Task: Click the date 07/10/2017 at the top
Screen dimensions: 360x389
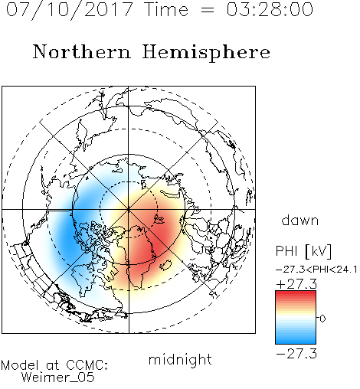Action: pos(70,10)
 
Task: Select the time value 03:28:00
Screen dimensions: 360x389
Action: pos(270,9)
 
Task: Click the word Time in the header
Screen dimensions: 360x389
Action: pos(166,9)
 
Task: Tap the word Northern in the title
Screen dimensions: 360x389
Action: pos(82,51)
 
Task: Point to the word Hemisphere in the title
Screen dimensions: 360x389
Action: pos(206,52)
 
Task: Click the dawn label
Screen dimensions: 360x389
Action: pos(300,220)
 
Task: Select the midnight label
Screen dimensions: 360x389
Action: pos(180,360)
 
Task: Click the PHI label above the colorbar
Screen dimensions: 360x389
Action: pos(286,251)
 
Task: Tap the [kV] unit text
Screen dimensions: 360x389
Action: pos(319,251)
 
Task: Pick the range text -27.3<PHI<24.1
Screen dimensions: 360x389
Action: pos(316,270)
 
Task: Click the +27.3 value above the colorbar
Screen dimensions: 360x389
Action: pos(296,284)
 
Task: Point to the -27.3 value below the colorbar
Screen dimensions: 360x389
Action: pos(296,354)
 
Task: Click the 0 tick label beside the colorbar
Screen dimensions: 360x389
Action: pos(322,319)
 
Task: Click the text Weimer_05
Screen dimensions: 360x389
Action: pos(57,377)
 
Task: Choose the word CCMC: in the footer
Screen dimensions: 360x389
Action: pos(87,365)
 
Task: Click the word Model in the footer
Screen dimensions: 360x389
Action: pos(20,365)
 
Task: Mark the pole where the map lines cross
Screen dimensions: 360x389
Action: pos(129,209)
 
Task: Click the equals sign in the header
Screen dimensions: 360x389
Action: pos(208,10)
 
